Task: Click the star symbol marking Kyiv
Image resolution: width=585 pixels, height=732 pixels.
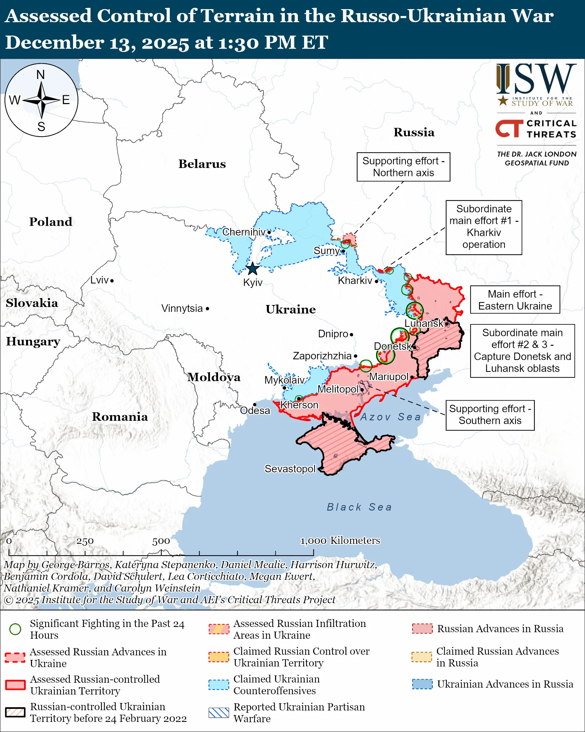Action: (252, 269)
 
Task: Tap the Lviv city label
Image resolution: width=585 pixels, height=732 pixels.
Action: (99, 280)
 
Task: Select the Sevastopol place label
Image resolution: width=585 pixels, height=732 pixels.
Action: (290, 468)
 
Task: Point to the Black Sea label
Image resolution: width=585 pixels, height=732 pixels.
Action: (359, 507)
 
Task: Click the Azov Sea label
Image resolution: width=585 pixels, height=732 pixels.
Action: (390, 417)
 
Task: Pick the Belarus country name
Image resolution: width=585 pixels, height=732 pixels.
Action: (202, 164)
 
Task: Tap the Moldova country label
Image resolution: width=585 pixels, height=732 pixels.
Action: (214, 377)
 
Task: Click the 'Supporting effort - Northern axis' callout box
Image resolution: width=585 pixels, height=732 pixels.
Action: (403, 167)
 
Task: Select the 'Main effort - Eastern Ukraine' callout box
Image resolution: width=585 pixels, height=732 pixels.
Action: (515, 299)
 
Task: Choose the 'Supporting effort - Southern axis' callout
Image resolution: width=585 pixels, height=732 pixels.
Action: (490, 415)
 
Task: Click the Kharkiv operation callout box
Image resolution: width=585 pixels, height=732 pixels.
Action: (484, 227)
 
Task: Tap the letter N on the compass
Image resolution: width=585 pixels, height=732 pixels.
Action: (41, 74)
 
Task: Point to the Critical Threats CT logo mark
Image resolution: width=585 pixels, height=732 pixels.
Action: (509, 128)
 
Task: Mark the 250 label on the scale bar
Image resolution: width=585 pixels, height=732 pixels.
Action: (85, 541)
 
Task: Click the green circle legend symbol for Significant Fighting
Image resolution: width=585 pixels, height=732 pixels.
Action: (15, 629)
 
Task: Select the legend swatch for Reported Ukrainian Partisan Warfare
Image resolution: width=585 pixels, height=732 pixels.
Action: (219, 712)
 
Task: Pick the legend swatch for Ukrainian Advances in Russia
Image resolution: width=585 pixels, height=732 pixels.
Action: (422, 684)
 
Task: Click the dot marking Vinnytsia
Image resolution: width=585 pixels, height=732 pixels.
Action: (208, 309)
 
